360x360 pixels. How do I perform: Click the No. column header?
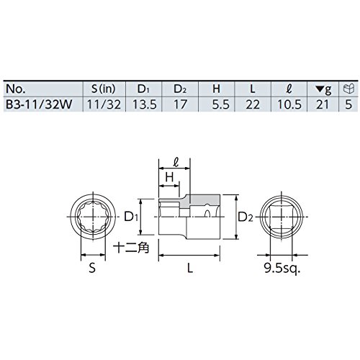pos(16,89)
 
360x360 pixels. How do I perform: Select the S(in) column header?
pos(104,89)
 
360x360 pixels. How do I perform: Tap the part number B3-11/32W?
pos(39,104)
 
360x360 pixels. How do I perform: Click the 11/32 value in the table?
pos(104,104)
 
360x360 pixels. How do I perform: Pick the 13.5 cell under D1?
pos(145,104)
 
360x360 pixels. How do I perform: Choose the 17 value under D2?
pos(180,104)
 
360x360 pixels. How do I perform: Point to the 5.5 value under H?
pos(221,104)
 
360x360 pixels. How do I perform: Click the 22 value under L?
pos(253,104)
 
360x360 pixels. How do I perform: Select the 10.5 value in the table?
pos(289,104)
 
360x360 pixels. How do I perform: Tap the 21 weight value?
pos(323,104)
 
